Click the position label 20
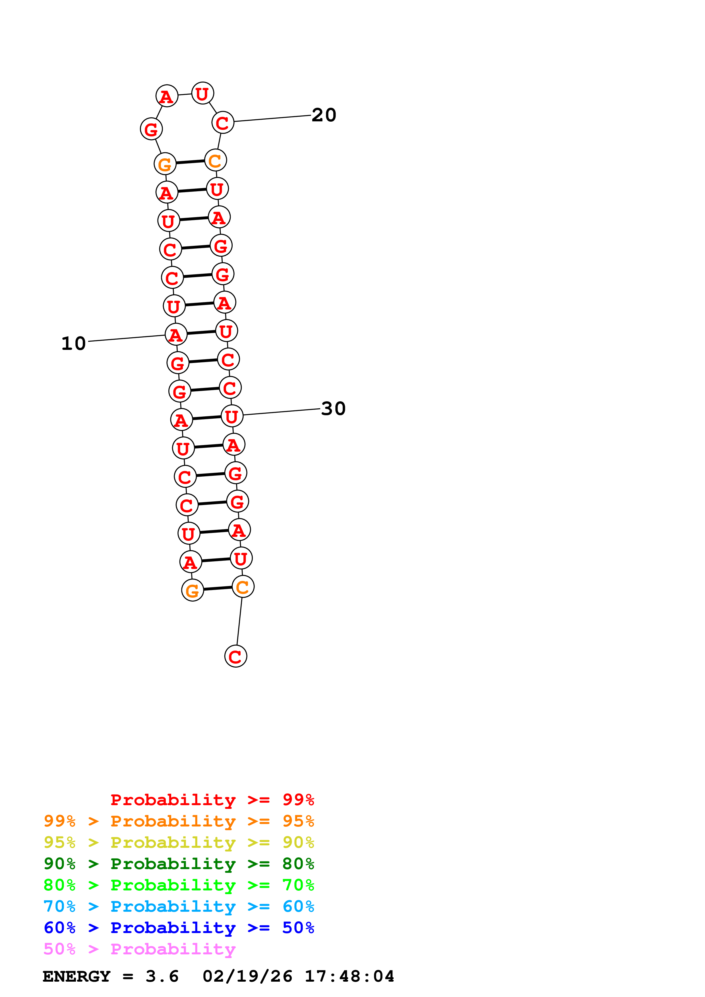[324, 115]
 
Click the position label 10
[73, 344]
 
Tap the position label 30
[333, 409]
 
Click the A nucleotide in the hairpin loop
[167, 96]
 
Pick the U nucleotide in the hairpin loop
[202, 93]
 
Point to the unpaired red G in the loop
[151, 129]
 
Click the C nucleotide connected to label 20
[223, 123]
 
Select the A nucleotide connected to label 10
[176, 335]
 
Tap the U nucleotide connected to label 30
[232, 416]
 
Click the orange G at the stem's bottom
[193, 590]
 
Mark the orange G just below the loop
[165, 164]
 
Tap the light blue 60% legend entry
[179, 906]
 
